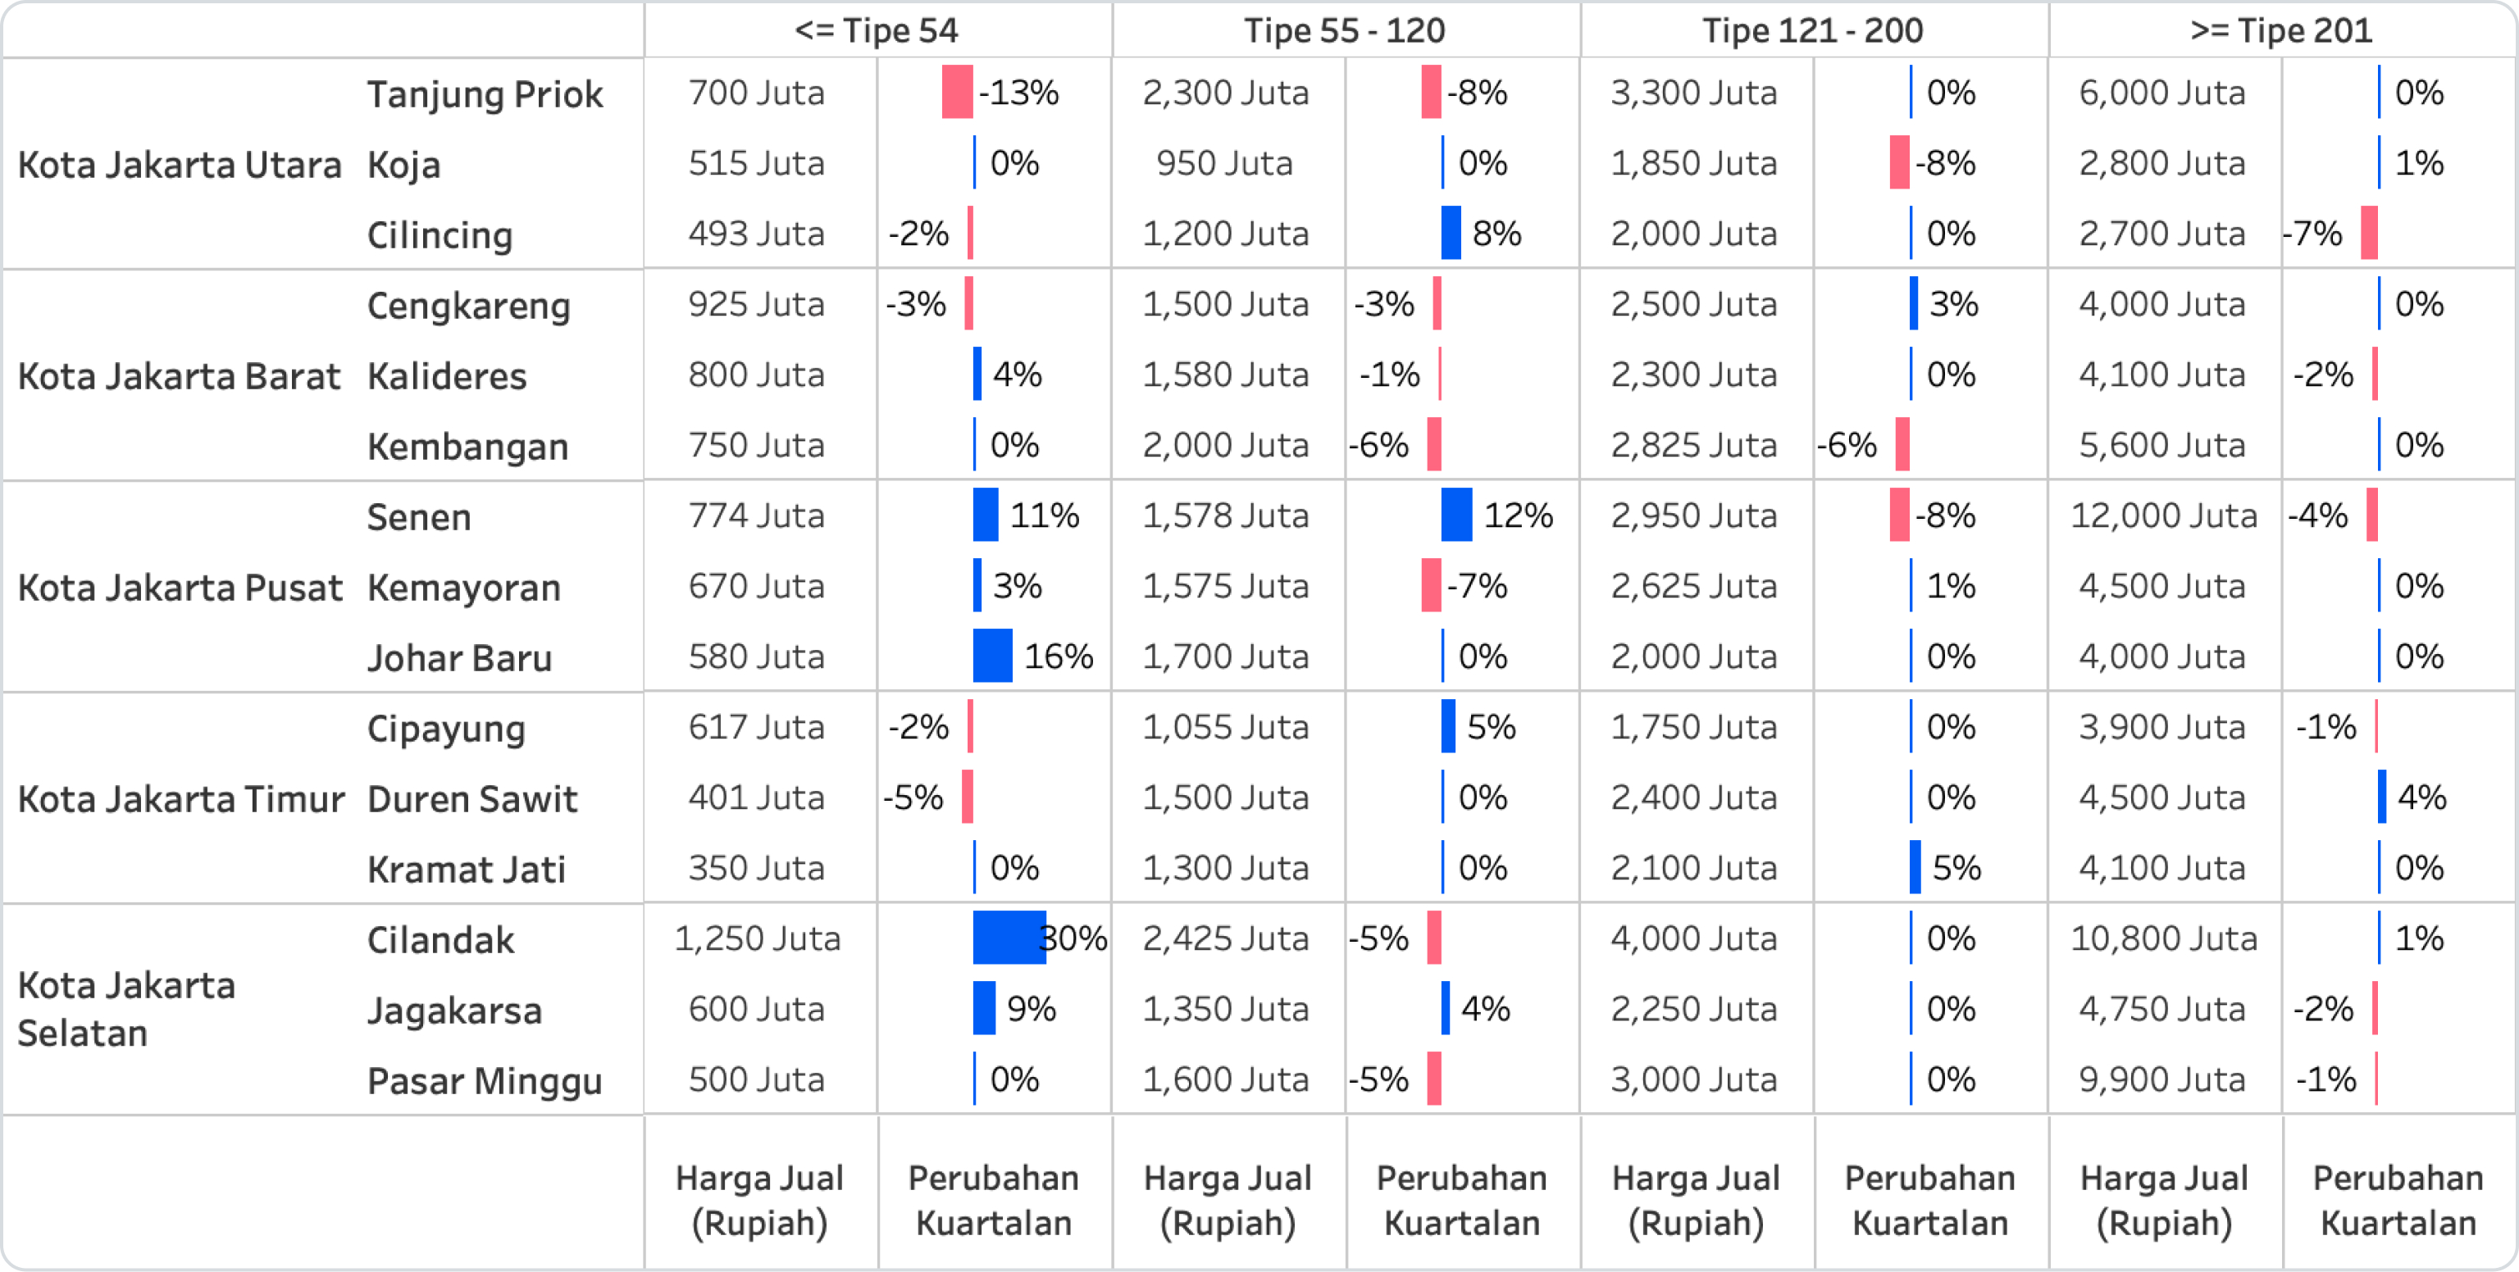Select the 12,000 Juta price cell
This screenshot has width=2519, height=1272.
coord(2163,516)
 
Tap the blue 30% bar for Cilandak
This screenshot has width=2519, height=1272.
coord(1009,938)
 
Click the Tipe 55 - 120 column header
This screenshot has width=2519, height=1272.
coord(1344,30)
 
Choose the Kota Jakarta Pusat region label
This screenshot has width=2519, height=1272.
coord(180,588)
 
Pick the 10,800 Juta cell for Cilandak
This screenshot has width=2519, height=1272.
coord(2163,938)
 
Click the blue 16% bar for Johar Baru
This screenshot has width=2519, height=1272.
coord(991,656)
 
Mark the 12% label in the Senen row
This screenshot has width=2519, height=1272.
coord(1518,516)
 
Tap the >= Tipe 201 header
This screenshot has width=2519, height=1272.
coord(2280,30)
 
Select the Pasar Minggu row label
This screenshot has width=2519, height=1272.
coord(484,1081)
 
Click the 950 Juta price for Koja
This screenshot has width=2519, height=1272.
coord(1224,163)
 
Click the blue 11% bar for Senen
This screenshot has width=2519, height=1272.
coord(985,516)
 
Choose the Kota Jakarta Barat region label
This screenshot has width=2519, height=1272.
coord(179,376)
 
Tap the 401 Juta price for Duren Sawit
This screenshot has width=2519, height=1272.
coord(756,797)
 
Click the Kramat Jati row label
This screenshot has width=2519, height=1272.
coord(466,870)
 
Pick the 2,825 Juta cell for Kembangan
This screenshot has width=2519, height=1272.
coord(1692,446)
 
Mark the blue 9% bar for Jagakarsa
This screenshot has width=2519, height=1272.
coord(984,1008)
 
